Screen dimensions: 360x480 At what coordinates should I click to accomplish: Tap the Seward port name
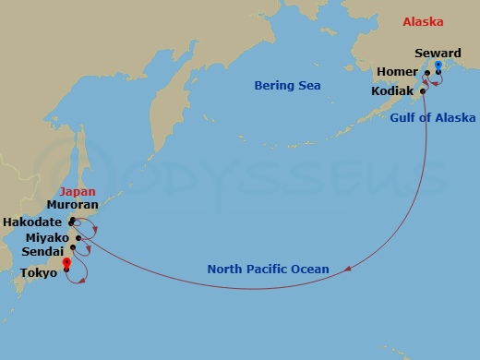(x=438, y=54)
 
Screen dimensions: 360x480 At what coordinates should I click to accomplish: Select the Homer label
(x=397, y=72)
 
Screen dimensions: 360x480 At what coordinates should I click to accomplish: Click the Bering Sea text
(x=287, y=86)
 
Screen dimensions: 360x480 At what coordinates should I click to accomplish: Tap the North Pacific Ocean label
(x=268, y=270)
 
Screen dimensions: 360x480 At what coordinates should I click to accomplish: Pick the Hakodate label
(x=32, y=222)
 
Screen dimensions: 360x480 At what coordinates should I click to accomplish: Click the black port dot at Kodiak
(x=423, y=91)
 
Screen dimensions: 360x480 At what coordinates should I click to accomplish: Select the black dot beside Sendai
(x=73, y=247)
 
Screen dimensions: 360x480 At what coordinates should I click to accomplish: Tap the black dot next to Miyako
(x=79, y=238)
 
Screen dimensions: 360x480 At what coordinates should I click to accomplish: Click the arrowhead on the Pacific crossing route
(x=349, y=270)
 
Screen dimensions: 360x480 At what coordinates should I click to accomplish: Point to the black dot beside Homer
(x=427, y=72)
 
